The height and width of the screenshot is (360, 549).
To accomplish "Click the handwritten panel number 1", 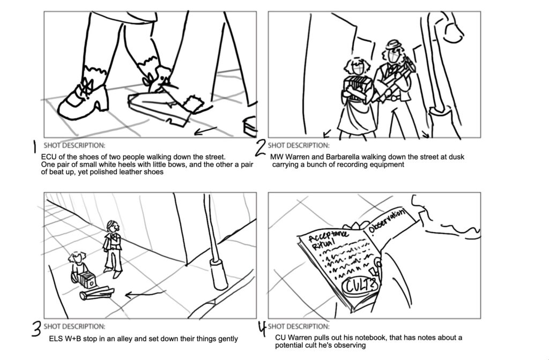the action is pyautogui.click(x=34, y=147).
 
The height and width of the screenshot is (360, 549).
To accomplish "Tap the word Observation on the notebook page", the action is pyautogui.click(x=385, y=221).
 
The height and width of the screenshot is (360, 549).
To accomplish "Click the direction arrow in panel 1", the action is pyautogui.click(x=205, y=131).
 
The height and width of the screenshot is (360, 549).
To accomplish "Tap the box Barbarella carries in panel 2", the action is pyautogui.click(x=357, y=85).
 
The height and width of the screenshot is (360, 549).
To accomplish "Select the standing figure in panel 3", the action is pyautogui.click(x=113, y=248).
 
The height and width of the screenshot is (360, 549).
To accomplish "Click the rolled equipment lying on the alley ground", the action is pyautogui.click(x=97, y=293).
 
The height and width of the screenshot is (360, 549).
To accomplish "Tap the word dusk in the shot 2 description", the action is pyautogui.click(x=456, y=157).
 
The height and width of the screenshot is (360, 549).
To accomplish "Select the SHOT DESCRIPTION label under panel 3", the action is pyautogui.click(x=74, y=326).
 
